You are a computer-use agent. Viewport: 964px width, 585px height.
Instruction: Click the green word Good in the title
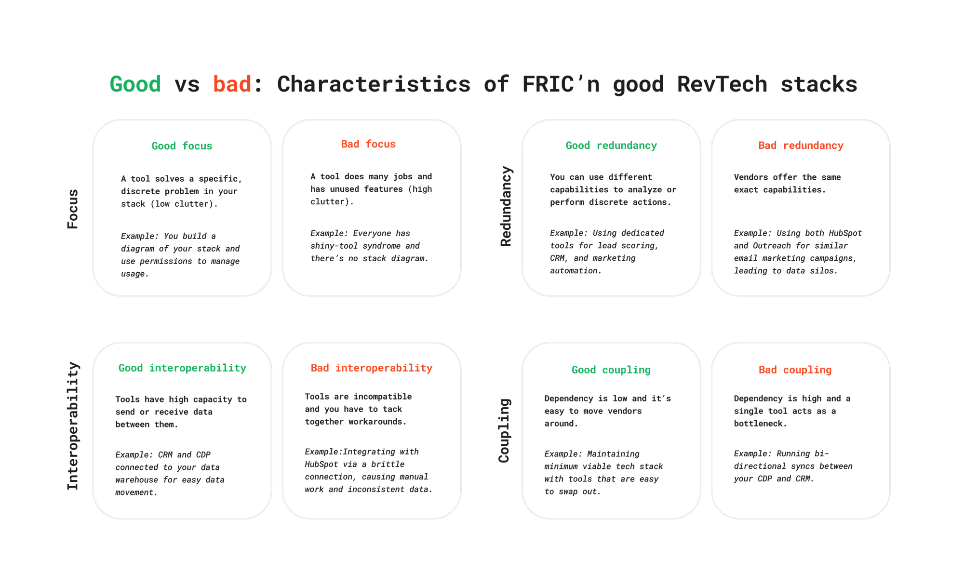(x=135, y=85)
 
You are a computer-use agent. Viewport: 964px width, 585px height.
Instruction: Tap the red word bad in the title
(x=232, y=85)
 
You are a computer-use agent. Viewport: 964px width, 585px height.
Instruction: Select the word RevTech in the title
(x=722, y=85)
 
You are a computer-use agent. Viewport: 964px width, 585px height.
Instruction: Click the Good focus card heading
(x=182, y=146)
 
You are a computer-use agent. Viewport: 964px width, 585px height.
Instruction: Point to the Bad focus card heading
(x=368, y=144)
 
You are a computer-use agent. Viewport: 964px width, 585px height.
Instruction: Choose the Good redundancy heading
(x=611, y=146)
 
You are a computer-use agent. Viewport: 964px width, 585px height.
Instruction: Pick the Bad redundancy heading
(x=801, y=146)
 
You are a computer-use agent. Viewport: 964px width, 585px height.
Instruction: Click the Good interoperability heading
(x=182, y=368)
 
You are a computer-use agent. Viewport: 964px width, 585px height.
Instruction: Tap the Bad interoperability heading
(x=372, y=368)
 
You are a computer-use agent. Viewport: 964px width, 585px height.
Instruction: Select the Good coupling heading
(x=611, y=370)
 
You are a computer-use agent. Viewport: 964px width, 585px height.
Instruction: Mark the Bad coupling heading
(x=795, y=370)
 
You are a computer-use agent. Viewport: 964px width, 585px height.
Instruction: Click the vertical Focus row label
(x=73, y=209)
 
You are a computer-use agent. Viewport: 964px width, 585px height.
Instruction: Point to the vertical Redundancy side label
(x=506, y=206)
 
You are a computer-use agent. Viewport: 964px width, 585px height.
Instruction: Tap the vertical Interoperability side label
(x=73, y=426)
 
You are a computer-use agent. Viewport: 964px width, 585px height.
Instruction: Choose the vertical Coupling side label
(x=504, y=430)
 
